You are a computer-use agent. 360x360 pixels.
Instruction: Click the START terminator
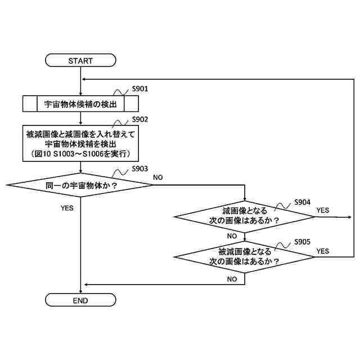click(x=80, y=60)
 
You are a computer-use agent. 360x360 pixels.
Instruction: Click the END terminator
click(x=80, y=300)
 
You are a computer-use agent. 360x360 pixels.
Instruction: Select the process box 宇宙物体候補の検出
click(x=80, y=104)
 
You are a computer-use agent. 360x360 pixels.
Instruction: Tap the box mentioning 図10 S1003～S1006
click(x=80, y=143)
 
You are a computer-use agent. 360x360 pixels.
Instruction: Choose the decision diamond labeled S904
click(x=245, y=216)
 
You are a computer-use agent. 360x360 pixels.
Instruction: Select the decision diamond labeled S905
click(x=245, y=256)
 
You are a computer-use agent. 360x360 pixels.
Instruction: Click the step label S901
click(x=140, y=89)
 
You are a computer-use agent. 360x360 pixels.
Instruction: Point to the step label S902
click(x=140, y=120)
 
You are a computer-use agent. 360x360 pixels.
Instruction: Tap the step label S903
click(x=140, y=169)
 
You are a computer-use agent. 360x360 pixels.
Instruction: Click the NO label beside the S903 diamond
click(x=158, y=177)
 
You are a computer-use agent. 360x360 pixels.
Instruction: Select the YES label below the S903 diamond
click(x=67, y=208)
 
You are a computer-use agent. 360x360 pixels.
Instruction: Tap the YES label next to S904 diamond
click(x=323, y=210)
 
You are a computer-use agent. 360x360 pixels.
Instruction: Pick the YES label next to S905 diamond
click(x=323, y=251)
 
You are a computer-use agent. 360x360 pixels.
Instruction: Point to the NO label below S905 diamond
click(x=232, y=279)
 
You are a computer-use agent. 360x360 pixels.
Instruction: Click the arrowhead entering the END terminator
click(x=81, y=291)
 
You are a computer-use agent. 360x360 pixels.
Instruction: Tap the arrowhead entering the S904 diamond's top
click(x=245, y=198)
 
